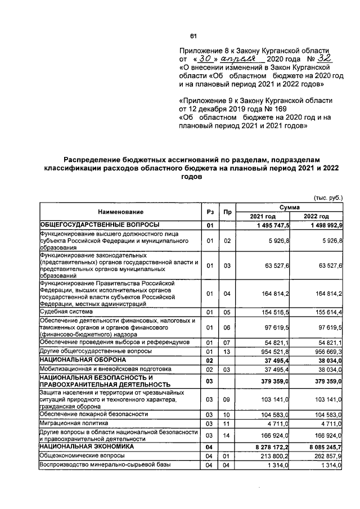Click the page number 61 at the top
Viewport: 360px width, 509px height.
(193, 37)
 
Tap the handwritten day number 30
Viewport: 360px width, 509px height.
(208, 58)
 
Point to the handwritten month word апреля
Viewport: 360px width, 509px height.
(244, 58)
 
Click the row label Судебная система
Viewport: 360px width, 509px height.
(61, 311)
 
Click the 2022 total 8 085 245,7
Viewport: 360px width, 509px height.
(322, 447)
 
